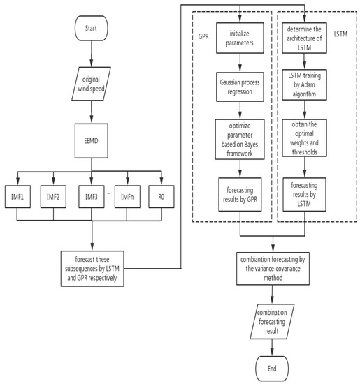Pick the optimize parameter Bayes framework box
pos(240,145)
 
